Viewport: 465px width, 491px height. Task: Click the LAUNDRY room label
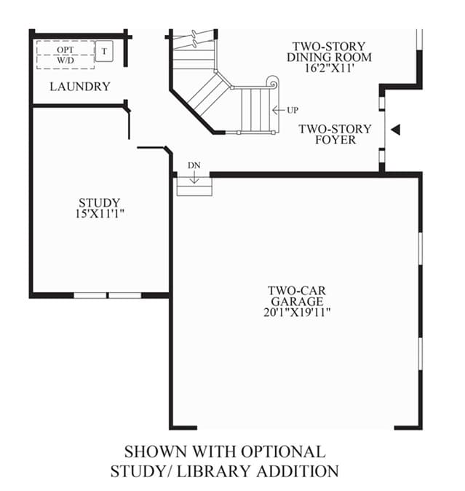[80, 87]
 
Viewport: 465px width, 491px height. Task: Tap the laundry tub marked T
[104, 51]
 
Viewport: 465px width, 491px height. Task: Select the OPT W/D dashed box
[65, 55]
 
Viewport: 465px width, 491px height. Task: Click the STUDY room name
[100, 203]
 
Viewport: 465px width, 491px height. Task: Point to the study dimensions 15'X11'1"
[100, 213]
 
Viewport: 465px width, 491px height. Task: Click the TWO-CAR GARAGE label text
[297, 296]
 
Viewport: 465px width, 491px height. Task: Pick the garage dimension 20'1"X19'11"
[297, 313]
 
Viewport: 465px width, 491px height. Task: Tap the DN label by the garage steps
[194, 165]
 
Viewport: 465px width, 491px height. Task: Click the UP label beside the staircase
[293, 110]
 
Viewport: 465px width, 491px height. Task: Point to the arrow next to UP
[278, 110]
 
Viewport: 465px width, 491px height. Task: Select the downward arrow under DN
[194, 177]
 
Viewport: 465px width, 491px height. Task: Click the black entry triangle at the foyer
[396, 130]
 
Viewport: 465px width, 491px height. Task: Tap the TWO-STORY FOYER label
[335, 134]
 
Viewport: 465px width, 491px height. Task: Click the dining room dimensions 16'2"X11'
[329, 68]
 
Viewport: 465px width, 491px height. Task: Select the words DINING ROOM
[329, 58]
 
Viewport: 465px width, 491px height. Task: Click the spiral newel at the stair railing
[273, 84]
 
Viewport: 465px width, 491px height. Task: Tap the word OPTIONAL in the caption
[283, 452]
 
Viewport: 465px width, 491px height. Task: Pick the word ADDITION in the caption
[298, 471]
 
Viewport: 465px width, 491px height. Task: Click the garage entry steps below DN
[194, 186]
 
